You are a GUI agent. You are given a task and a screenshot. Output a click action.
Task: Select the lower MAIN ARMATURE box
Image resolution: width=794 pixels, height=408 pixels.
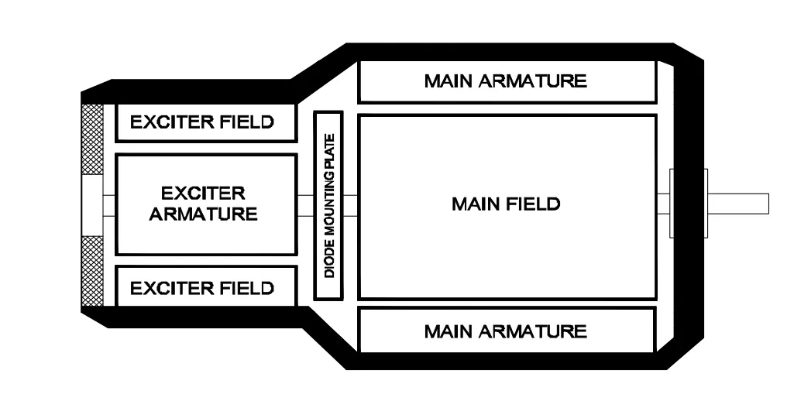(x=507, y=331)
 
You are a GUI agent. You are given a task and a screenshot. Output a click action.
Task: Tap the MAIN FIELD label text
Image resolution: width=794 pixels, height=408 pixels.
(x=505, y=205)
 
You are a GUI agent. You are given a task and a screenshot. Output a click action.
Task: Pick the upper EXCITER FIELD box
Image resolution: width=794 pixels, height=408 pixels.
(x=206, y=122)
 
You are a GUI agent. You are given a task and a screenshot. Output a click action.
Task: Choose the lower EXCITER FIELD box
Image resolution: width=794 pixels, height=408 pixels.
(x=206, y=287)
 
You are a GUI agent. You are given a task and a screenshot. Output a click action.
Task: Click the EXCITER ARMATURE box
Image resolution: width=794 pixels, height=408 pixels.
(x=206, y=204)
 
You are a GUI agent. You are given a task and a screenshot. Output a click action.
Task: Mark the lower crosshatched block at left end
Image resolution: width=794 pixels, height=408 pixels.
(x=92, y=272)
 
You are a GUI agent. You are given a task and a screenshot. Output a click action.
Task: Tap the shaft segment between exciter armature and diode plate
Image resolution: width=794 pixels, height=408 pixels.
(x=305, y=204)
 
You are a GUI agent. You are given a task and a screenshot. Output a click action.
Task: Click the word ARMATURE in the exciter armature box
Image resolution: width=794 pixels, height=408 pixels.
(x=204, y=214)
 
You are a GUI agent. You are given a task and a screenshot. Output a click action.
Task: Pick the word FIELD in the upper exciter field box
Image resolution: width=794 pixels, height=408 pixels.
(x=246, y=122)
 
